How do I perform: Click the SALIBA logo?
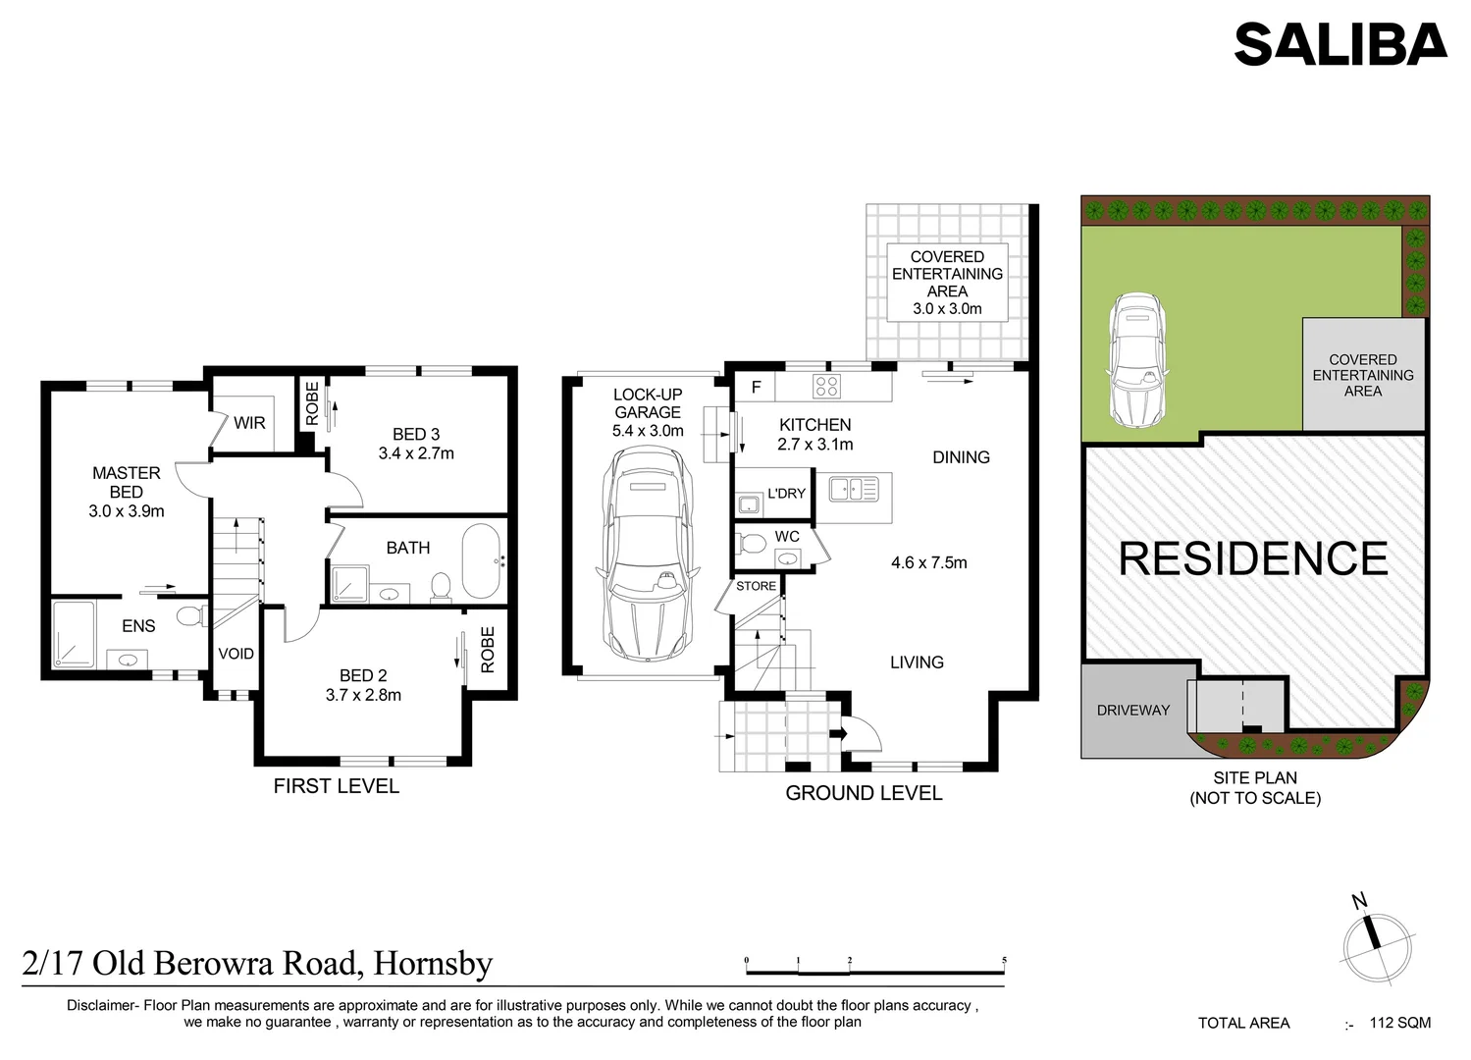tap(1340, 45)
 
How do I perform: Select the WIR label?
tap(249, 423)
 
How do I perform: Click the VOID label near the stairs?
tap(236, 654)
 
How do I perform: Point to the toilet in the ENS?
tap(191, 616)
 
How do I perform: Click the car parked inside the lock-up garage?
tap(649, 556)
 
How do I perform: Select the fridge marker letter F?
tap(757, 387)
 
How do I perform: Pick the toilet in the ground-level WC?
tap(754, 542)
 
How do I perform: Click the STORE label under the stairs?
tap(756, 586)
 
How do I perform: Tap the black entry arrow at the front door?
tap(839, 733)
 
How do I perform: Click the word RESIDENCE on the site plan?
tap(1253, 558)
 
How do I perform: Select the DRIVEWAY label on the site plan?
tap(1133, 710)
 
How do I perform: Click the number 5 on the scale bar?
tap(1004, 961)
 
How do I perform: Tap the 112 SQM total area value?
tap(1400, 1023)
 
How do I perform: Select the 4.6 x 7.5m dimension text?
tap(928, 562)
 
